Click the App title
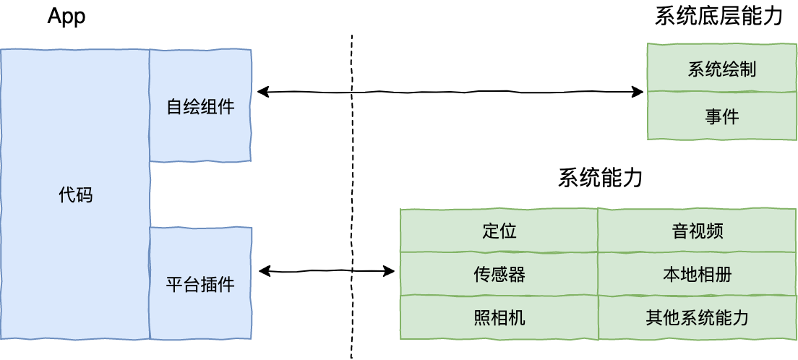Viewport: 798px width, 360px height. [66, 17]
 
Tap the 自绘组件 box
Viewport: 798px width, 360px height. [200, 106]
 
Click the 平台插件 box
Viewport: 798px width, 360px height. [200, 283]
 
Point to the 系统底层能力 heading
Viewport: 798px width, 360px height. [725, 17]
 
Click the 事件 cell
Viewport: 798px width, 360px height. [721, 116]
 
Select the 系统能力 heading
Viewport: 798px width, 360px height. [600, 179]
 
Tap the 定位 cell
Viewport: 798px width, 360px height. [499, 231]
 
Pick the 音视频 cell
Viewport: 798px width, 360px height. [698, 231]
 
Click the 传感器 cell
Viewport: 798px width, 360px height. [499, 274]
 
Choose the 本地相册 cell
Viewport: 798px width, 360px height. [698, 274]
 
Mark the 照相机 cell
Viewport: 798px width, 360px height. [499, 318]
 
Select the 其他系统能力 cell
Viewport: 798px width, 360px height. [698, 318]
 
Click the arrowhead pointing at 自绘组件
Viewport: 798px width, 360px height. [262, 92]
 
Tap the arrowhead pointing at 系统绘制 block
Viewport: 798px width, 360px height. [638, 92]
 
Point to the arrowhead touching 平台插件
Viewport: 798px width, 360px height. [265, 271]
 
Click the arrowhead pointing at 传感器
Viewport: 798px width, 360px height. [390, 271]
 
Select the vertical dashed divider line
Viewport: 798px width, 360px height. [351, 197]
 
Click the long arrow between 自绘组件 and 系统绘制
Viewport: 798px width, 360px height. [450, 92]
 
